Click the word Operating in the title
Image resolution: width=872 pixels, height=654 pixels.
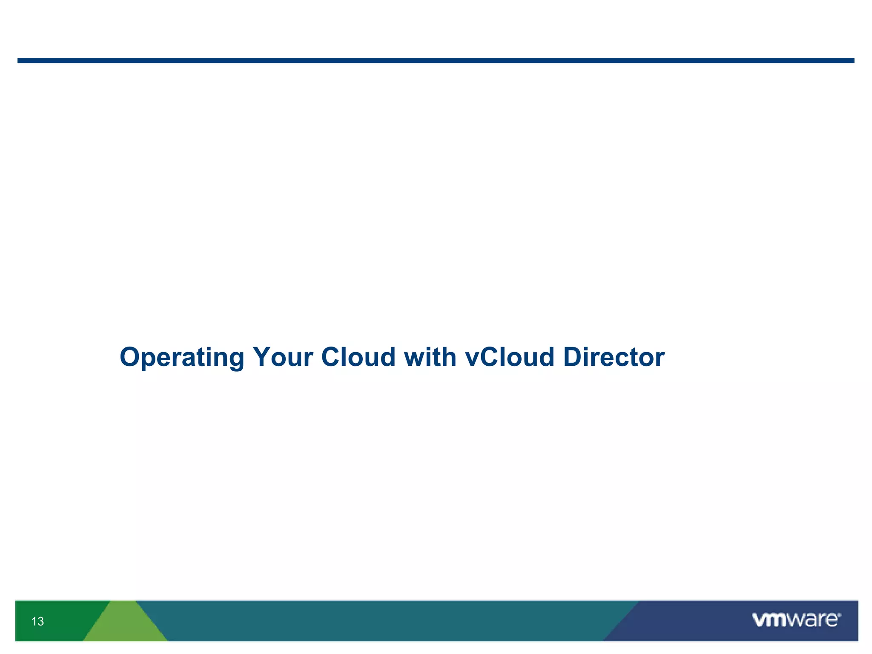coord(182,357)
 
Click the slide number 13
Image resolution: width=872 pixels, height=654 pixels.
coord(37,621)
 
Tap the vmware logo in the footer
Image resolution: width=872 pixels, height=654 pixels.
coord(796,620)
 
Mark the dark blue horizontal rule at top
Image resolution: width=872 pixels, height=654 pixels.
coord(436,60)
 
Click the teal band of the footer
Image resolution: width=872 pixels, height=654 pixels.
coord(383,621)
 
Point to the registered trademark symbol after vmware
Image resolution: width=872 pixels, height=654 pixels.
coord(839,614)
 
